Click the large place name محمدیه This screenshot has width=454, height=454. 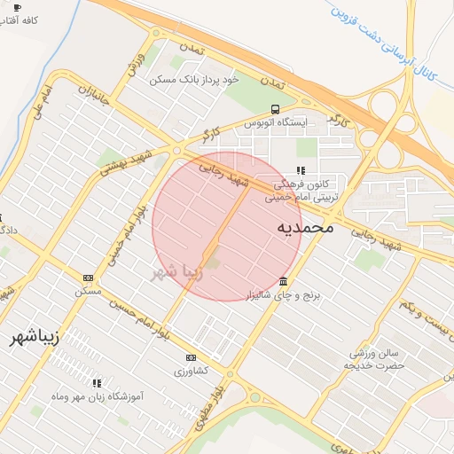305,227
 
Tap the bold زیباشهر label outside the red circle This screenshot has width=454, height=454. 35,338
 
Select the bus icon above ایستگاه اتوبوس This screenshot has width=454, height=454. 274,109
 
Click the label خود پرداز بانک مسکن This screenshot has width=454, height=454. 195,80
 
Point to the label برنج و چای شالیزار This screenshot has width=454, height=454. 280,293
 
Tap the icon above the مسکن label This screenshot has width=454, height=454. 87,278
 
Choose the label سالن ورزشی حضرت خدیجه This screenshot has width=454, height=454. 374,359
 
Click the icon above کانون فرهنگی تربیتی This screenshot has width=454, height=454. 301,169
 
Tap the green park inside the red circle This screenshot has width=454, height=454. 213,260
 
